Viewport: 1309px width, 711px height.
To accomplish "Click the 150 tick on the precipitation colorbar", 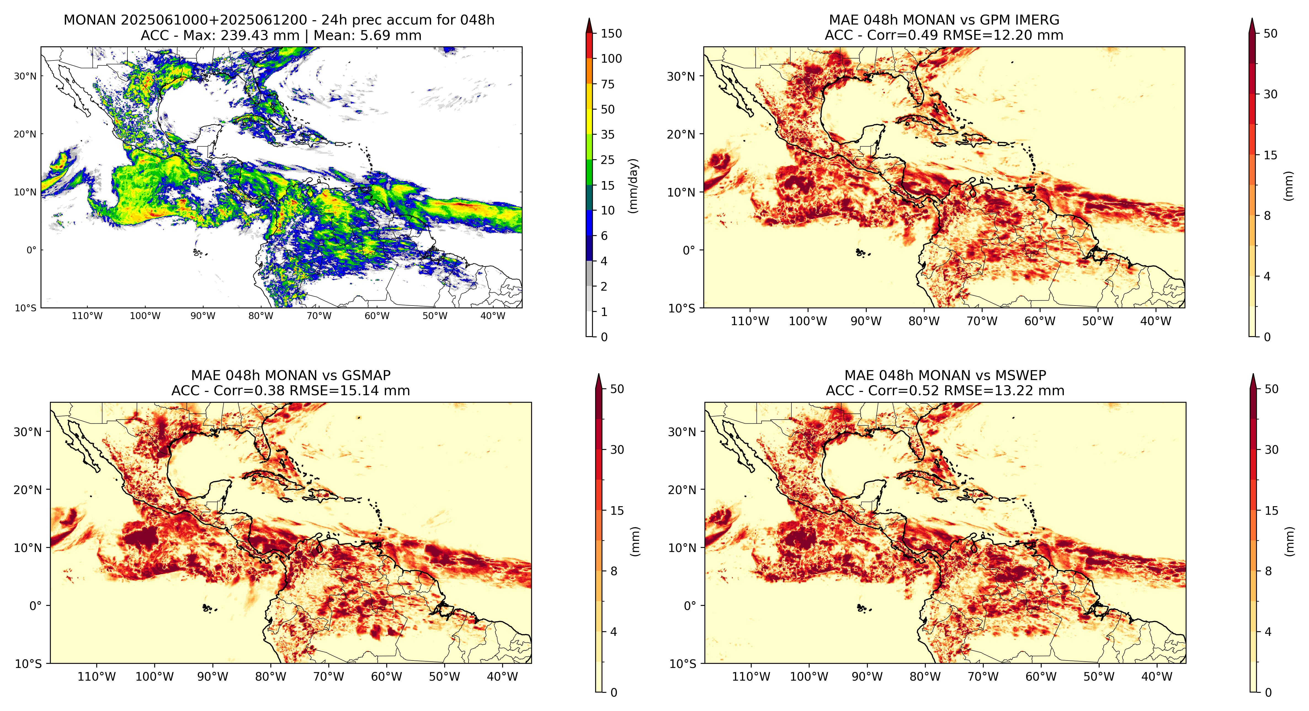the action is click(x=611, y=34).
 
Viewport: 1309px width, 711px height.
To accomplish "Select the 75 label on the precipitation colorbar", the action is click(x=608, y=84).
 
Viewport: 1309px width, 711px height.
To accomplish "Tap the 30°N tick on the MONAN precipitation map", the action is click(x=25, y=76).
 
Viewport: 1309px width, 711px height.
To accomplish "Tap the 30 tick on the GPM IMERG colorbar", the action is click(x=1270, y=94).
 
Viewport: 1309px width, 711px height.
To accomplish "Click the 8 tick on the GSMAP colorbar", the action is click(x=614, y=571).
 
